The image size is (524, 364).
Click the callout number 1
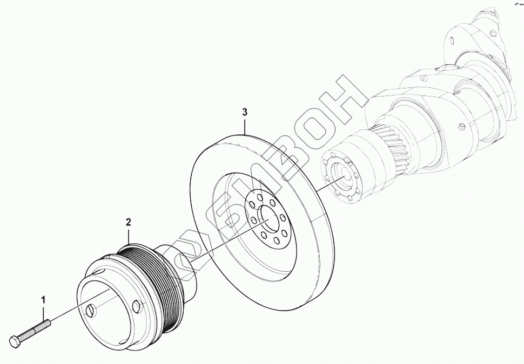(43, 299)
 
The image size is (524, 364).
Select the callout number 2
(129, 222)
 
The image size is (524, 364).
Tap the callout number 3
(245, 112)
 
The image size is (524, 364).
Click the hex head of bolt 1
(15, 341)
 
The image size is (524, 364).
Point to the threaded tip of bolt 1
(48, 323)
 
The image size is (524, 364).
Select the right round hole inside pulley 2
(136, 305)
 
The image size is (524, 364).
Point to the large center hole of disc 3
(266, 215)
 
